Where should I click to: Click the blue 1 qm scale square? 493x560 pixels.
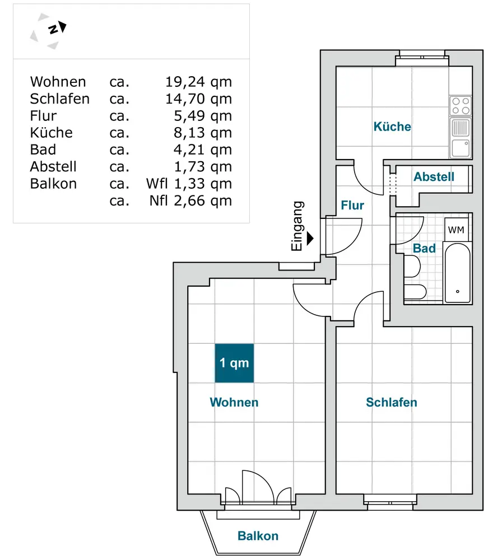[234, 363]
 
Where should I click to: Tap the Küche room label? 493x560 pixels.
[392, 127]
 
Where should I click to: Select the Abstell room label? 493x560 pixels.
[434, 176]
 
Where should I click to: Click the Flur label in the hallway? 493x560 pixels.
[352, 206]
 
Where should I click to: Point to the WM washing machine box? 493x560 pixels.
[456, 229]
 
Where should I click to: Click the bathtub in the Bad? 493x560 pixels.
[457, 273]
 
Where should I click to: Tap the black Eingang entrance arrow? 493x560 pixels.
[310, 238]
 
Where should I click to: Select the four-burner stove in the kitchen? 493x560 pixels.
[461, 106]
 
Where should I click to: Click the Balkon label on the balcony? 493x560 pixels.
[258, 536]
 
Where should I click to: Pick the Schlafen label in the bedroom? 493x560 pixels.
[392, 402]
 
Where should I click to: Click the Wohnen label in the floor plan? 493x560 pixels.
[234, 402]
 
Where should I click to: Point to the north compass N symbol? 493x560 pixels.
[54, 29]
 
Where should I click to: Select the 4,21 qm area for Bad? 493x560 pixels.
[203, 150]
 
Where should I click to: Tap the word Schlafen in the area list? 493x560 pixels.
[59, 99]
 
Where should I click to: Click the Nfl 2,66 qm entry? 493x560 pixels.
[191, 200]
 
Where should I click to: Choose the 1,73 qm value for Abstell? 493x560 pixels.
[203, 167]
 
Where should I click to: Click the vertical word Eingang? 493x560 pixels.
[297, 226]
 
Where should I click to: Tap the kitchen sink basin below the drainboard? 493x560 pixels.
[461, 148]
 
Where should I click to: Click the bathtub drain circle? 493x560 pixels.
[458, 291]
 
